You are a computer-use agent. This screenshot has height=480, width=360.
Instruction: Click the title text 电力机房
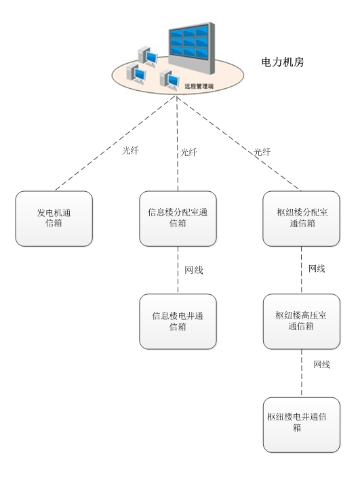[282, 62]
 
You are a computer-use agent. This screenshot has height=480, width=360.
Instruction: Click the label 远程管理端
[199, 87]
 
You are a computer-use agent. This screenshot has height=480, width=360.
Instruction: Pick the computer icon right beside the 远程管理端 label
[169, 80]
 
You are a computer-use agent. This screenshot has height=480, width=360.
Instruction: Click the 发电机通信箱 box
[54, 218]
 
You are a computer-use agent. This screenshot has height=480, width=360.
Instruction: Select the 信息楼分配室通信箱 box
[178, 218]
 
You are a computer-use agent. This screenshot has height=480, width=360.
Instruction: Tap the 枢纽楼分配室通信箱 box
[302, 218]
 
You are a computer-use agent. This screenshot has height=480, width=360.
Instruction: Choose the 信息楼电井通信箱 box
[178, 321]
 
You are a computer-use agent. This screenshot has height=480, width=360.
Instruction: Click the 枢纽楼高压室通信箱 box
[302, 321]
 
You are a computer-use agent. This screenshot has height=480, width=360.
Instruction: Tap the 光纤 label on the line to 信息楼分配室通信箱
[188, 153]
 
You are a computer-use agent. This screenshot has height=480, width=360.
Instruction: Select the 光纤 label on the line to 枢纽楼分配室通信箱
[262, 153]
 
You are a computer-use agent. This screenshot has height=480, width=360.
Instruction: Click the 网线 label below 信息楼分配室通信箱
[194, 270]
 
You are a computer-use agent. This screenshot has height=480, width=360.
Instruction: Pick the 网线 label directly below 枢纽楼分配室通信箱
[317, 268]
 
